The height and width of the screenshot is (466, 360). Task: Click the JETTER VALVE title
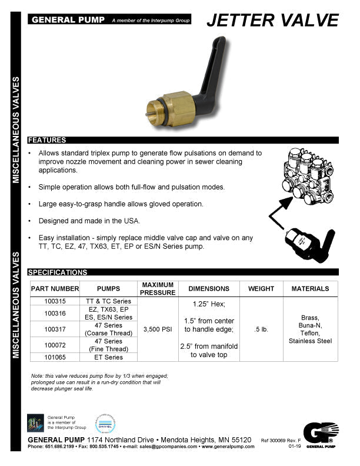pyautogui.click(x=273, y=20)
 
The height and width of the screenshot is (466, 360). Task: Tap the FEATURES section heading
pyautogui.click(x=48, y=140)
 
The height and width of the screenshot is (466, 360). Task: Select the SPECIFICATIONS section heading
pyautogui.click(x=58, y=272)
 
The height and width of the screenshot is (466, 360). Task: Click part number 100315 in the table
pyautogui.click(x=55, y=301)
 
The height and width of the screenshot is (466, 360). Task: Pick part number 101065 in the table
pyautogui.click(x=55, y=357)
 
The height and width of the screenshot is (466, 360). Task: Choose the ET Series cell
pyautogui.click(x=108, y=357)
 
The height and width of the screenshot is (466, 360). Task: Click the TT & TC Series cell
pyautogui.click(x=108, y=301)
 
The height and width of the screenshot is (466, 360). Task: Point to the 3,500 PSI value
pyautogui.click(x=158, y=329)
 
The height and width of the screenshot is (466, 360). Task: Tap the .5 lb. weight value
pyautogui.click(x=261, y=329)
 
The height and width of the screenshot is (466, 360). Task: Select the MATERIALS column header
pyautogui.click(x=310, y=289)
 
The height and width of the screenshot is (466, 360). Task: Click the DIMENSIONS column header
pyautogui.click(x=208, y=289)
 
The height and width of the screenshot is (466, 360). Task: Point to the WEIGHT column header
pyautogui.click(x=261, y=289)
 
